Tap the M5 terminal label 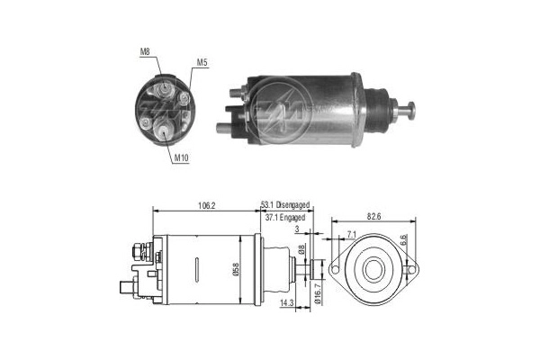202,63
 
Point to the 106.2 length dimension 206,206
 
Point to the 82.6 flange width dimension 373,216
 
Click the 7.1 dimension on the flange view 351,235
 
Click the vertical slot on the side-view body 197,271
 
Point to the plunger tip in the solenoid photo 413,112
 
